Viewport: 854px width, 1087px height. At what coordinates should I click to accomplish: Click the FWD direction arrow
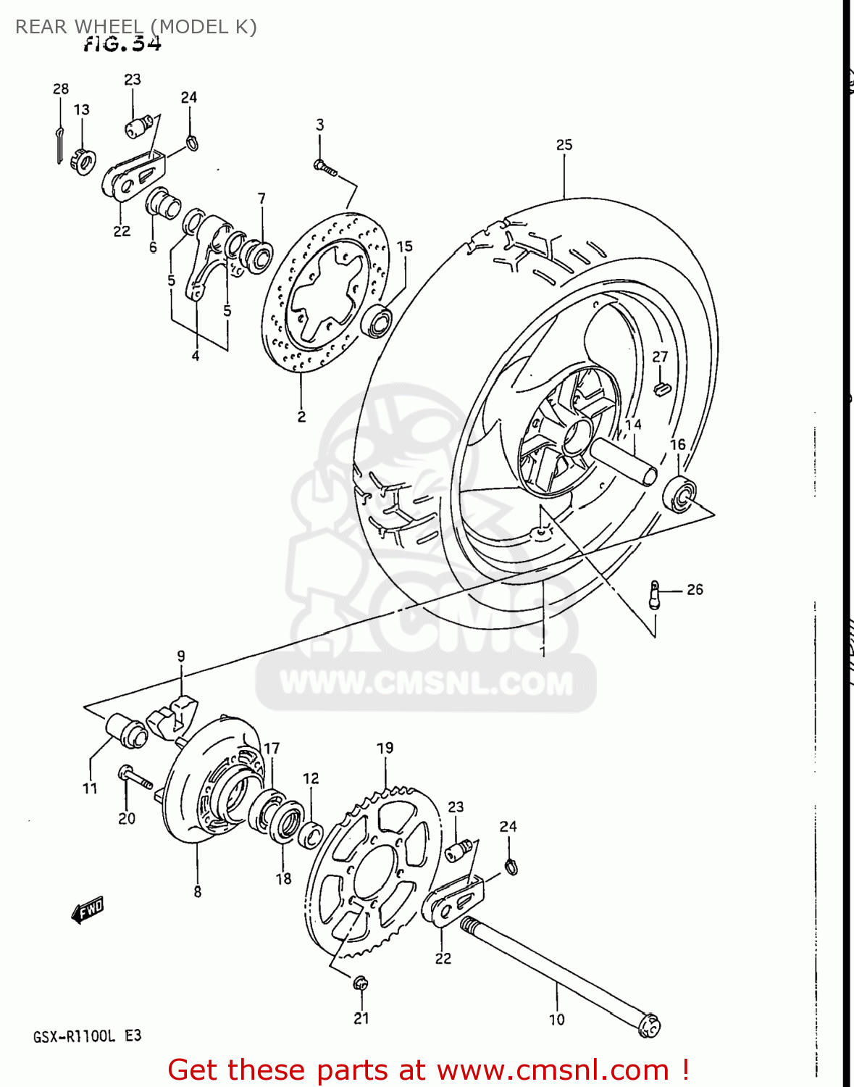[88, 909]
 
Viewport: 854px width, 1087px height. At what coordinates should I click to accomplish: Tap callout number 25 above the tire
[564, 145]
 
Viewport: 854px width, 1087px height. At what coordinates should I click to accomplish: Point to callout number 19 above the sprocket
[385, 748]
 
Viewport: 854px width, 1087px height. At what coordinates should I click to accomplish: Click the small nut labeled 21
[360, 984]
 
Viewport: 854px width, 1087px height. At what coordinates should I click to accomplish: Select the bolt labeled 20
[135, 778]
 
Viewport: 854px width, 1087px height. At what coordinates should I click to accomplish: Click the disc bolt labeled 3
[325, 167]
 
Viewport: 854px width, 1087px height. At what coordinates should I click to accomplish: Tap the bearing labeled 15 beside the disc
[377, 321]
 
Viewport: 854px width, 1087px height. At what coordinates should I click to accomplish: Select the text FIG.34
[122, 44]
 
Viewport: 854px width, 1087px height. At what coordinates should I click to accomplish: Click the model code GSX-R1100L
[74, 1036]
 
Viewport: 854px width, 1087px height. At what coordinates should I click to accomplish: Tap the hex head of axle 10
[649, 1026]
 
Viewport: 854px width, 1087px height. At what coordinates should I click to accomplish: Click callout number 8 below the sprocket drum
[197, 892]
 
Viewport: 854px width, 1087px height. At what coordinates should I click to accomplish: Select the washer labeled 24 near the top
[192, 142]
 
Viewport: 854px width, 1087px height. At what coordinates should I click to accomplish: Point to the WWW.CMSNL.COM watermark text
[426, 683]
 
